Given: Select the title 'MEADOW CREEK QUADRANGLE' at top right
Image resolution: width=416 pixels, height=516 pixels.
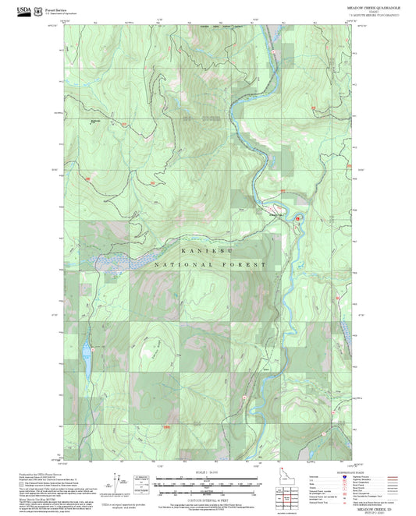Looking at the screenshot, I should point(375,6).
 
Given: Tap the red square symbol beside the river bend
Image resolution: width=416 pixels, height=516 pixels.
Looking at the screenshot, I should point(297,219).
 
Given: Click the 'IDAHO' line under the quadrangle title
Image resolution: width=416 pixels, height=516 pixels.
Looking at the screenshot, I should point(375,11).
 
